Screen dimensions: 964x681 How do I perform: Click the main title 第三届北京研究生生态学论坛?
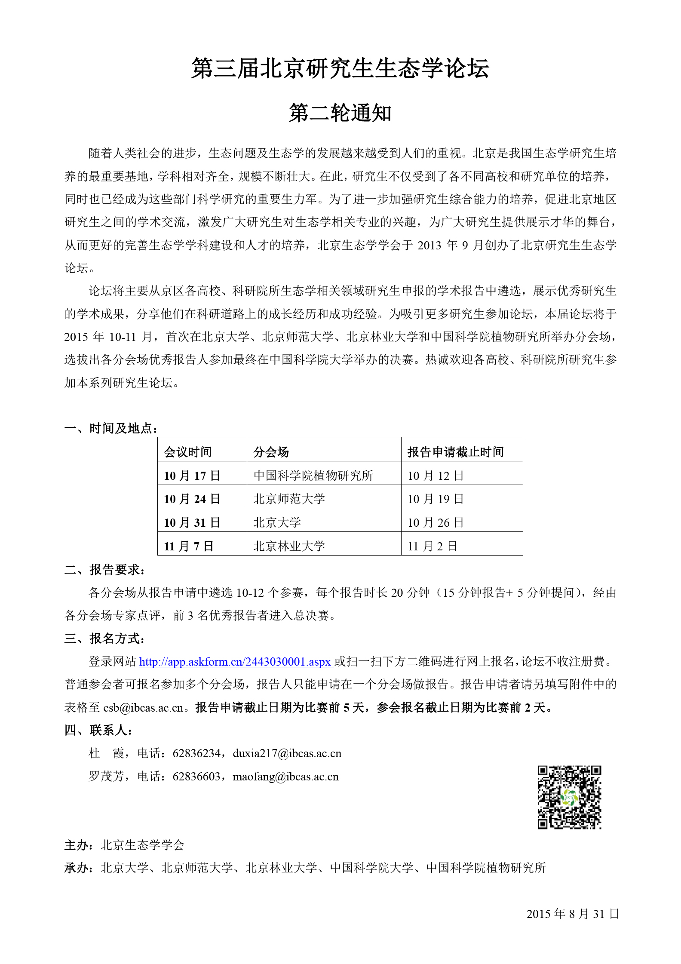[340, 69]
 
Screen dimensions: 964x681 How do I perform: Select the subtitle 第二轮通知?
[340, 114]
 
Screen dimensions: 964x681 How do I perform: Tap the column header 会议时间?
[188, 452]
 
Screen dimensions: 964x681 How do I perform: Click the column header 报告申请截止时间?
[455, 452]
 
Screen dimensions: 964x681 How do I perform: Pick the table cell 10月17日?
[192, 476]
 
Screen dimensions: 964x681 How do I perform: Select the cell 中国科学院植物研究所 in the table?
[313, 476]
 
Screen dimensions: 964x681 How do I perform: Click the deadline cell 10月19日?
[435, 499]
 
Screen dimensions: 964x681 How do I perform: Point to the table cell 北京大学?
[277, 522]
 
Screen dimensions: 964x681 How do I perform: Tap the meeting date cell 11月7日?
[188, 546]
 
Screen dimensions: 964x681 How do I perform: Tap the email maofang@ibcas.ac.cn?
[285, 777]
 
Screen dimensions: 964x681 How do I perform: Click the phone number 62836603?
[196, 777]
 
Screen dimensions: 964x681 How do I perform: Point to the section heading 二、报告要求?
[105, 570]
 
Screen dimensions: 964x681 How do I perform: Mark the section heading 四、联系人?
[98, 730]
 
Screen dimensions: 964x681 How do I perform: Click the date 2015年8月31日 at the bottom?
[572, 914]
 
